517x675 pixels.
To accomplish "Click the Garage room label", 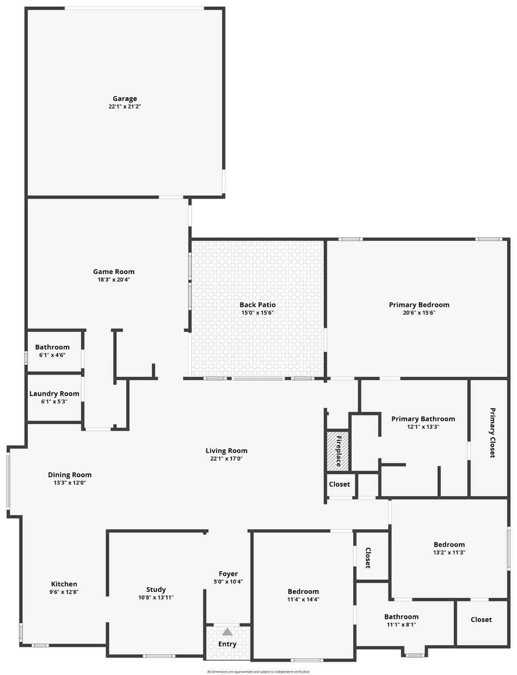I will click(x=125, y=99).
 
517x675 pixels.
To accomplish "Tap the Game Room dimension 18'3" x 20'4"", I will click(x=114, y=279).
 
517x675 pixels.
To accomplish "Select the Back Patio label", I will click(x=257, y=305).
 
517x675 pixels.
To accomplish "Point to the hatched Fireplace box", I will click(x=337, y=451).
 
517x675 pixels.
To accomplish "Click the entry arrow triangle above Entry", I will click(x=227, y=632).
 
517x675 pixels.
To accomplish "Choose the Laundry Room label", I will click(x=54, y=393).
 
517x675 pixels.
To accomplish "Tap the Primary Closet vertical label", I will click(x=492, y=433).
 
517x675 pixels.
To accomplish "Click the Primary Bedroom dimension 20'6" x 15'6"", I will click(x=419, y=313).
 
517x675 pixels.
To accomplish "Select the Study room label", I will click(x=156, y=589).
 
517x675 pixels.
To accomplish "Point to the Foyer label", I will click(x=228, y=573).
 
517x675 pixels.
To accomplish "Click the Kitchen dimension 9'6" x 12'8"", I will click(x=64, y=592).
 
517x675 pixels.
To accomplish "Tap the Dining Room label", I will click(x=70, y=475).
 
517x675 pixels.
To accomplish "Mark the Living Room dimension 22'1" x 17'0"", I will click(x=226, y=459).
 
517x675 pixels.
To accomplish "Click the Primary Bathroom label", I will click(x=423, y=419).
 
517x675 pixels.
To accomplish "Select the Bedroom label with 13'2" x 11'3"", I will click(x=449, y=544).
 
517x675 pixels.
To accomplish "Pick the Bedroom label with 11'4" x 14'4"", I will click(x=303, y=592).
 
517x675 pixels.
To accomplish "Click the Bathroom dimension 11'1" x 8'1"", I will click(x=401, y=624).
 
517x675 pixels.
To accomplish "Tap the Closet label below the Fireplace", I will click(x=339, y=484).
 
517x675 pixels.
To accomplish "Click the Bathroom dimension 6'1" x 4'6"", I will click(x=52, y=355).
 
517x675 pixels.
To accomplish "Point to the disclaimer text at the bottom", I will click(x=258, y=671).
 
